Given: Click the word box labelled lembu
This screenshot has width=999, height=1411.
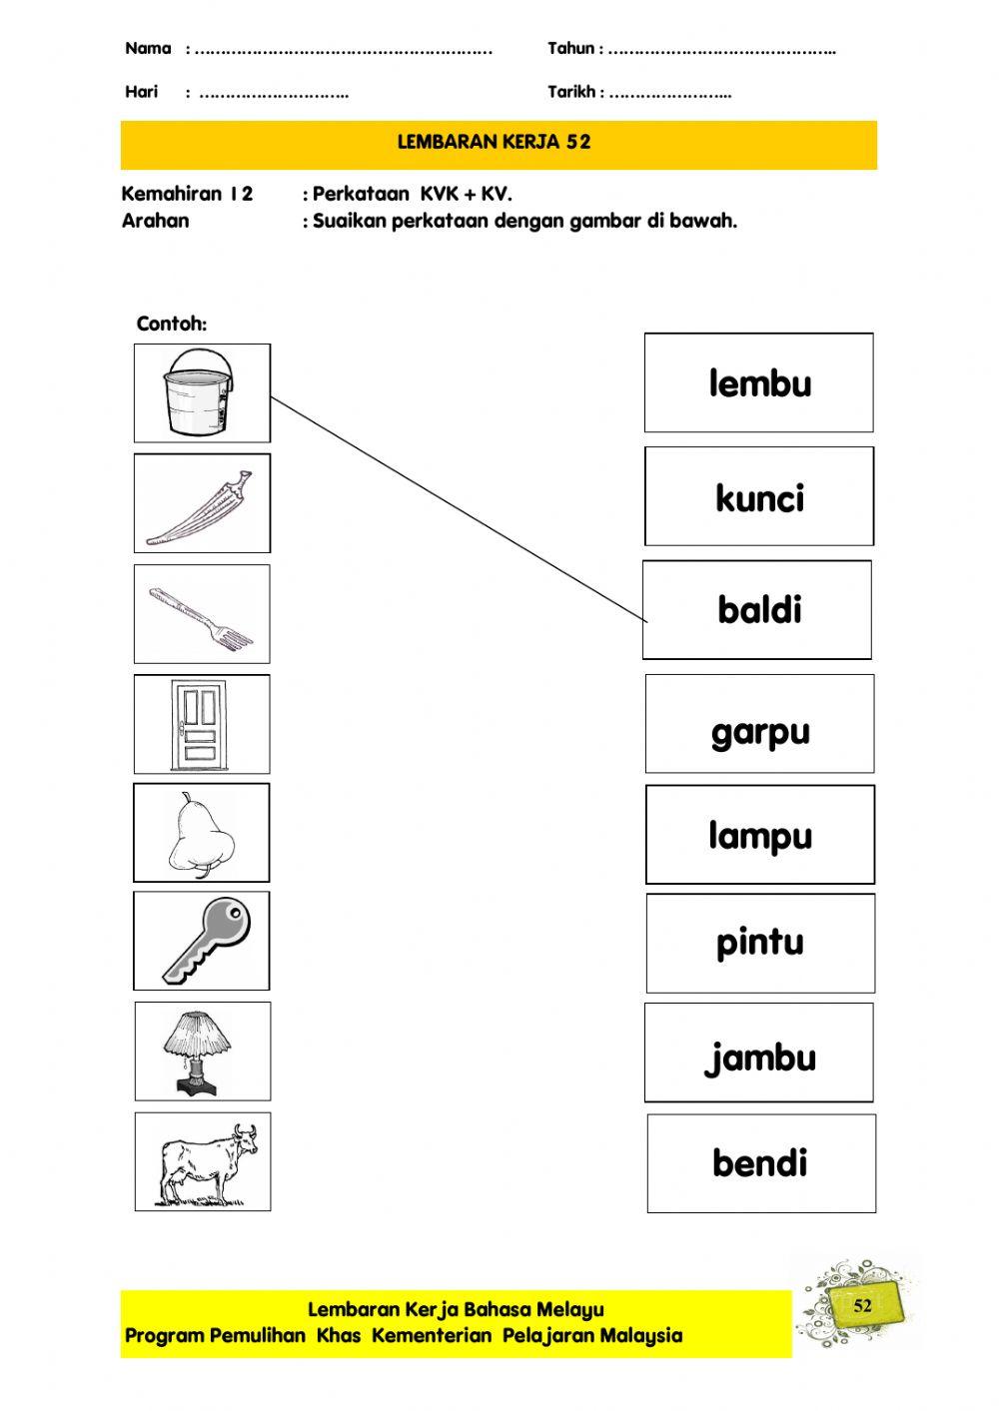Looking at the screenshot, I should [x=759, y=383].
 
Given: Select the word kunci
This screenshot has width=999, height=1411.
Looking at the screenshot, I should [x=759, y=497].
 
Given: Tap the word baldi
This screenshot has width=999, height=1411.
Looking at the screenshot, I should [x=759, y=609].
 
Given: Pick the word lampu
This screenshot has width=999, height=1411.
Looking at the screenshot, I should [x=759, y=836].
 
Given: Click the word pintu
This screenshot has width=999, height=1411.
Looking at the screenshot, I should [x=759, y=943].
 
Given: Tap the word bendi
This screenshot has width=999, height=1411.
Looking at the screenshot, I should [x=759, y=1163].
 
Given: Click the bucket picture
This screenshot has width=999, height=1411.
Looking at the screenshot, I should [x=201, y=392].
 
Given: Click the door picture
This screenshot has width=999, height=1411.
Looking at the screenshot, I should [x=202, y=725].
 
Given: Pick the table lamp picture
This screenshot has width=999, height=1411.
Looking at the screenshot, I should [x=202, y=1052].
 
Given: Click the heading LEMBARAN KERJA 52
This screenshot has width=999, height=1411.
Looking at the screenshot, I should [x=495, y=142].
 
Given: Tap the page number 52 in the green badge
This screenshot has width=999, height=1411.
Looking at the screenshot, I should [x=862, y=1305].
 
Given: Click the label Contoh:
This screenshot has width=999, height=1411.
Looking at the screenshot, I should [x=172, y=324].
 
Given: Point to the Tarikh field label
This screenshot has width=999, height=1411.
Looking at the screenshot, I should [x=571, y=92].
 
